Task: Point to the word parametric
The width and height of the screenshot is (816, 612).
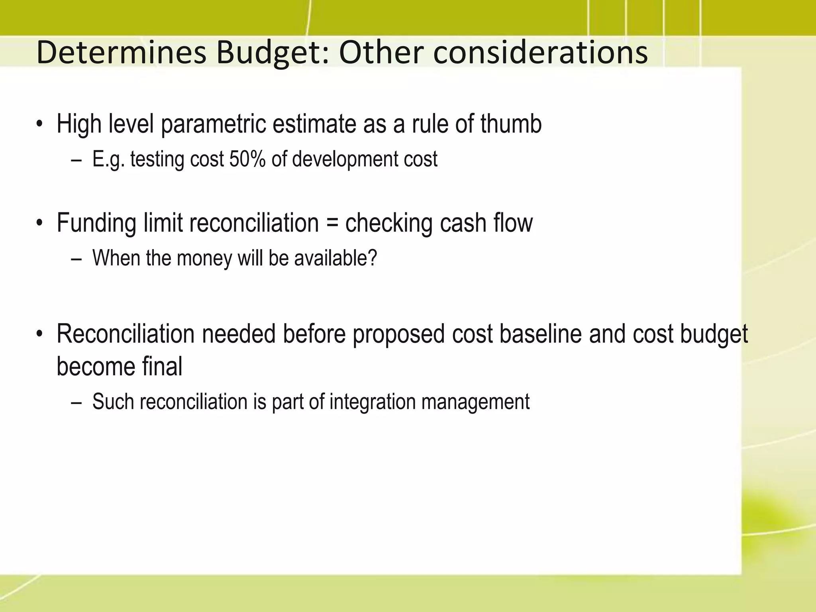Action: click(213, 124)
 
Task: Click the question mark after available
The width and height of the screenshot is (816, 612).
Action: click(372, 258)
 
